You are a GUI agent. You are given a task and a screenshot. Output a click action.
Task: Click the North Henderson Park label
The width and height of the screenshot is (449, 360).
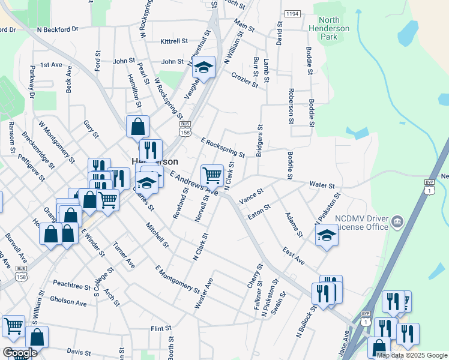click(x=328, y=28)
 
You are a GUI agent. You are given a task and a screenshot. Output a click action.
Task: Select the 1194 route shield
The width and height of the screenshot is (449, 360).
click(x=292, y=13)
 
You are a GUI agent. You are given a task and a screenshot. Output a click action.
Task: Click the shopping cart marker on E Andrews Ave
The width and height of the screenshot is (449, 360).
click(x=211, y=176)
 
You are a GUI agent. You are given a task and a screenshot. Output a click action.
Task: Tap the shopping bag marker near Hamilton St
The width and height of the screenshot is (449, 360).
click(x=137, y=127)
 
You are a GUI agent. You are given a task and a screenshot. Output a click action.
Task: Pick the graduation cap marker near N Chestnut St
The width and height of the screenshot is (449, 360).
click(x=203, y=68)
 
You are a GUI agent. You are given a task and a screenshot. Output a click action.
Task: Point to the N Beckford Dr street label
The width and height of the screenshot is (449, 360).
click(x=58, y=29)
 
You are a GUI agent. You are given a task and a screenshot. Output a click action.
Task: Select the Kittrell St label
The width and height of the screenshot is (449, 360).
click(x=174, y=41)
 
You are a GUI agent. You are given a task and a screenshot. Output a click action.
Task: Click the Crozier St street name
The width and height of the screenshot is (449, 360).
click(x=245, y=80)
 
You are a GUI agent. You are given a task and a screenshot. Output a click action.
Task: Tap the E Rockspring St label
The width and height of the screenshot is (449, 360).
click(x=223, y=148)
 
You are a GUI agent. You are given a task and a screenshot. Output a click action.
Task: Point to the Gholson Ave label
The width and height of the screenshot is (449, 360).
click(x=68, y=304)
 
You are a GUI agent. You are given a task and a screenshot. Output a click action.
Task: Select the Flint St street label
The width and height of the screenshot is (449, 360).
click(x=161, y=329)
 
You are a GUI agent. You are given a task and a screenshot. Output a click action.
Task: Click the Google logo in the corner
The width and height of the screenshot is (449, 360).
click(x=20, y=353)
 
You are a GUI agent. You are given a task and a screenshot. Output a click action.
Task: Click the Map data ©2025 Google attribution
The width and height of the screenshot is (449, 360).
click(x=412, y=355)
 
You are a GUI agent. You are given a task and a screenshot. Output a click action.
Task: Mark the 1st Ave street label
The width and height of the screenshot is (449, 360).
click(x=51, y=64)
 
